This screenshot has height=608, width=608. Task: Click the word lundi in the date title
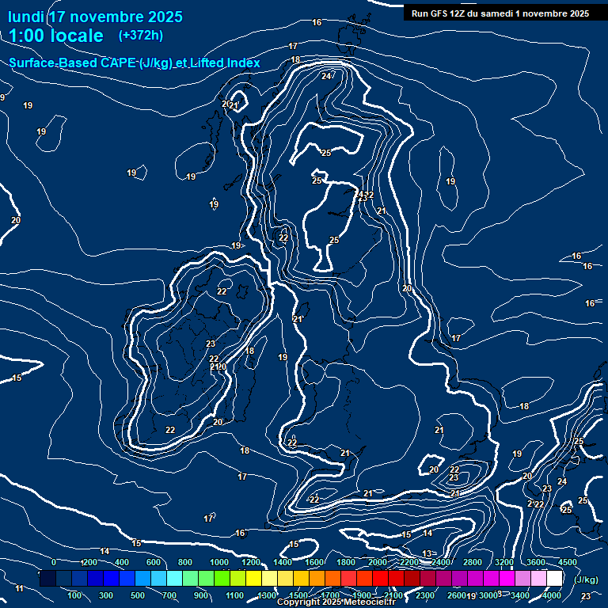(x=26, y=17)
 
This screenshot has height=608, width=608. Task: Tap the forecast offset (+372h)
(x=140, y=35)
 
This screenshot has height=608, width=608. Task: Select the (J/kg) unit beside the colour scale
(x=586, y=580)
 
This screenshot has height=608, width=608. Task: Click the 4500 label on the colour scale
(x=567, y=562)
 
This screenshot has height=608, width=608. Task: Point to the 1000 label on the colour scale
(x=218, y=562)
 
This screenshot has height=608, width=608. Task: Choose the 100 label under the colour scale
(x=75, y=595)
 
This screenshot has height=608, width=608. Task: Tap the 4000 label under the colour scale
(x=552, y=595)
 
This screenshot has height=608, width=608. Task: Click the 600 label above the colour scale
(x=154, y=562)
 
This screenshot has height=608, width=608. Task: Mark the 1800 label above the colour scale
(x=345, y=562)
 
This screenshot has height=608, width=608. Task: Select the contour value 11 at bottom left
(x=20, y=589)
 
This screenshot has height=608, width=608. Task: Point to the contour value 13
(x=427, y=553)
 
